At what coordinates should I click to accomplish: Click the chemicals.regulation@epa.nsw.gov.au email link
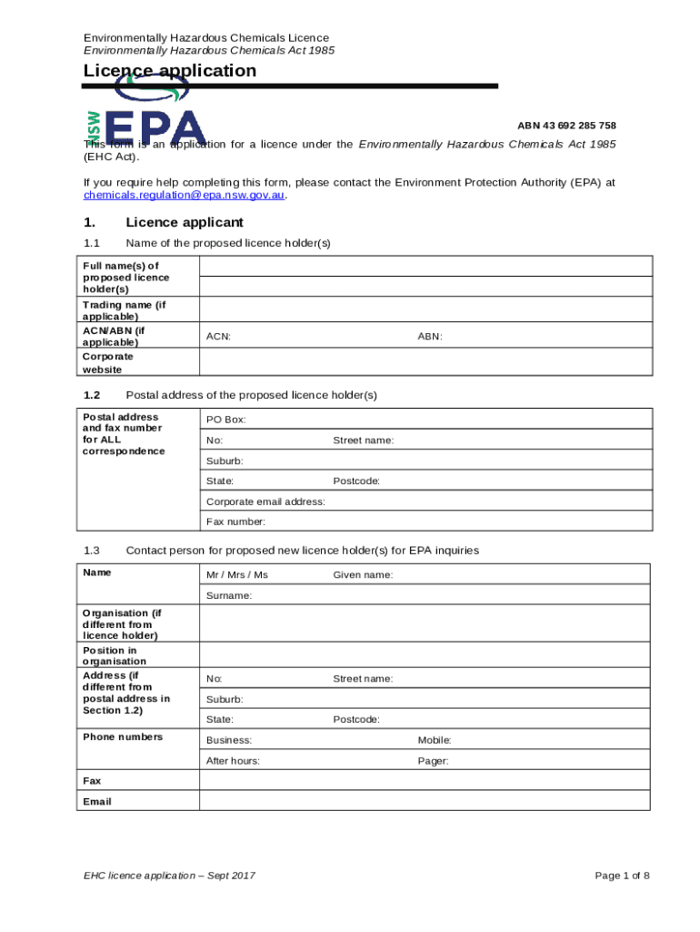(185, 195)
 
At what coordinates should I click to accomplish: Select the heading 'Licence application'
(170, 71)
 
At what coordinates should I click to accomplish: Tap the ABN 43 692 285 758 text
(566, 126)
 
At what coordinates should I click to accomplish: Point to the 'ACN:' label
(218, 337)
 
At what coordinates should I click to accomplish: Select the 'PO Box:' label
(225, 420)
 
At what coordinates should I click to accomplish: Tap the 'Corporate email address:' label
(265, 501)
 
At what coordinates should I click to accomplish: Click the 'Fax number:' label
(235, 522)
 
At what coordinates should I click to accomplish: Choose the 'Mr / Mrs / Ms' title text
(237, 575)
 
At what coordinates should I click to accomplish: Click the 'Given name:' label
(363, 575)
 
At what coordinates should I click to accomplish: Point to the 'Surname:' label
(229, 595)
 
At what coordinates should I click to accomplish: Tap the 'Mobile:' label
(435, 741)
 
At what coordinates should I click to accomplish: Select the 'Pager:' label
(433, 761)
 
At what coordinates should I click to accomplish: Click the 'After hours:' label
(233, 761)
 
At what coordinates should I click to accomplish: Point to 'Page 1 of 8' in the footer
(622, 876)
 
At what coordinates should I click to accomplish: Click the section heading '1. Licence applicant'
(164, 223)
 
